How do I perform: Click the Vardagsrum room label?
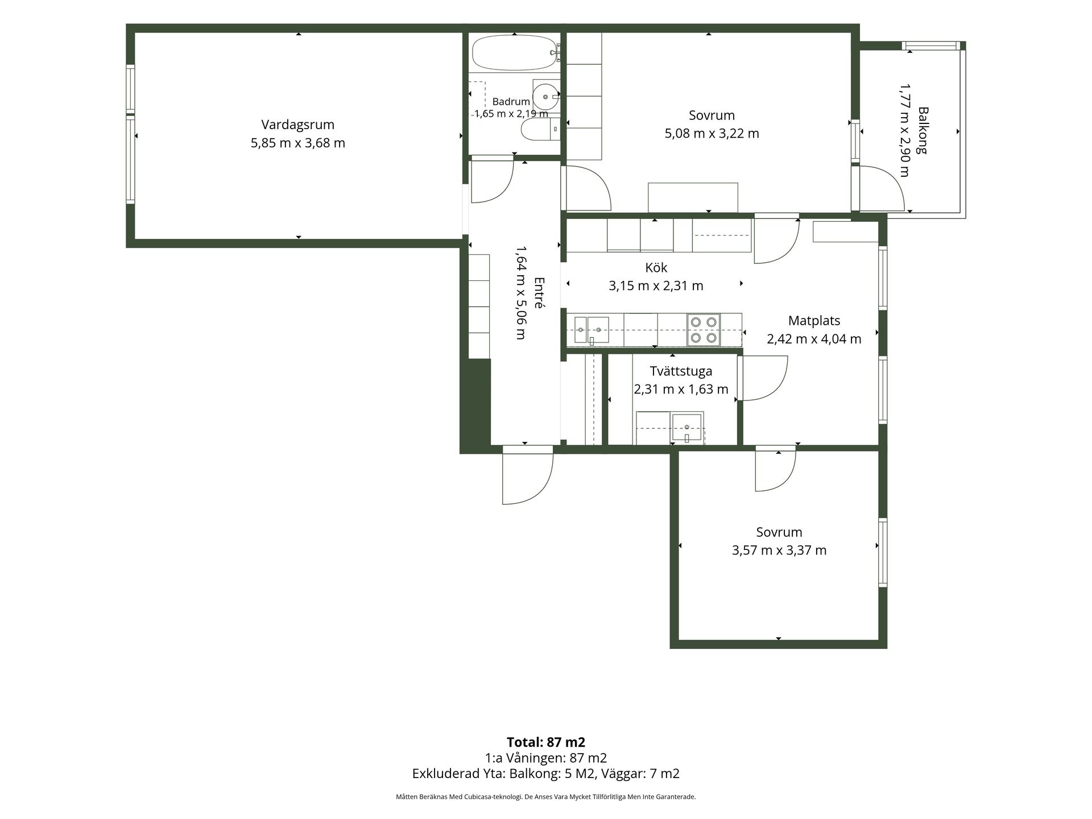297,125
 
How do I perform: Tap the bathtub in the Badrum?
514,53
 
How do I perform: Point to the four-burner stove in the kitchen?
703,330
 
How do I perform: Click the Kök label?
656,267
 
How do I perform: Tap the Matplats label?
814,321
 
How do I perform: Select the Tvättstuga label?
681,371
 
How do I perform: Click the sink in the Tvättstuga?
686,428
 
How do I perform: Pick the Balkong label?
923,131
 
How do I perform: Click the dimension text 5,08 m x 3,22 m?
712,134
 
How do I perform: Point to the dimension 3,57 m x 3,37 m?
779,550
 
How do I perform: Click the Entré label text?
539,292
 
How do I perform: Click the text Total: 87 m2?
546,742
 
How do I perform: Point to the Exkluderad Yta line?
546,773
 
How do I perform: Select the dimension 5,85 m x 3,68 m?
297,143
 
